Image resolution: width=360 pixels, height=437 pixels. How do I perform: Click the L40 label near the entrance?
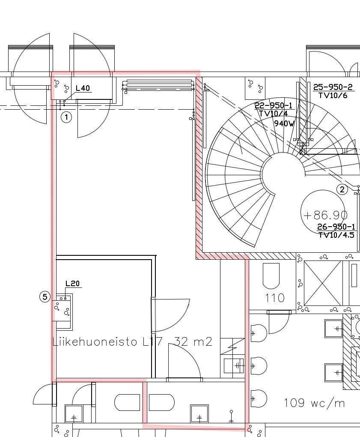click(x=83, y=88)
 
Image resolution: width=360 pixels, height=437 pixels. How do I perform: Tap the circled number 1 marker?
click(x=66, y=117)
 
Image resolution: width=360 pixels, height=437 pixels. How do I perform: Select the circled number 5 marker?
click(x=45, y=297)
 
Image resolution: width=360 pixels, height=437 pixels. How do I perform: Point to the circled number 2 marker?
click(x=342, y=189)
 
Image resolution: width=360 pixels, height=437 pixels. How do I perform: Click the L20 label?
click(x=73, y=284)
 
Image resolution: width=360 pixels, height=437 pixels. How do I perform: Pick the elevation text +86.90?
click(x=325, y=215)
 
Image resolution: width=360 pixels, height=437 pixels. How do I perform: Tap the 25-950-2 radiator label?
click(x=333, y=87)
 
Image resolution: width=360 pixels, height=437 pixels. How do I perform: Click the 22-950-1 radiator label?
click(x=274, y=105)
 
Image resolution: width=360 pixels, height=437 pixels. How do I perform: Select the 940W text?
click(x=284, y=123)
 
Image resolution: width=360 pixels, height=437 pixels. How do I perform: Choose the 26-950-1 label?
click(x=336, y=227)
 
